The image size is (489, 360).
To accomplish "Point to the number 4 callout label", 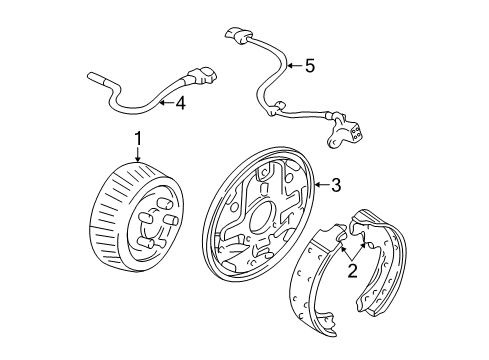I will [180, 102].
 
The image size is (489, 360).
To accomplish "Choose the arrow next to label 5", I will [292, 67].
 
